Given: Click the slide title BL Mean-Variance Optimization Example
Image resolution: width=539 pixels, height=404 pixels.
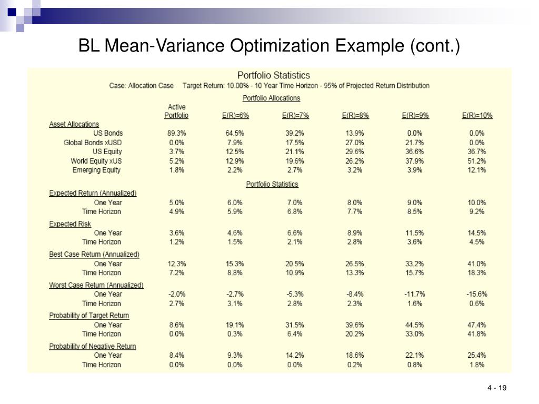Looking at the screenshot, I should (269, 46).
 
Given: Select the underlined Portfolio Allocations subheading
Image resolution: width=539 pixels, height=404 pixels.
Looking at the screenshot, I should (271, 98).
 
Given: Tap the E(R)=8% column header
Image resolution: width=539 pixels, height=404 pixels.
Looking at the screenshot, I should (355, 116).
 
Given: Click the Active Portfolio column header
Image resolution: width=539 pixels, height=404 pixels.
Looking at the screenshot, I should (176, 112).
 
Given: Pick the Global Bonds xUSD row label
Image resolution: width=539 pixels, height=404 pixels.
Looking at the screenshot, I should (93, 143).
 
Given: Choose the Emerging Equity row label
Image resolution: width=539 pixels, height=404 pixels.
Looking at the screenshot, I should (96, 170).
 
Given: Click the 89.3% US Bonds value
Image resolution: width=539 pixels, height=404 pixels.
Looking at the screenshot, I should (176, 134).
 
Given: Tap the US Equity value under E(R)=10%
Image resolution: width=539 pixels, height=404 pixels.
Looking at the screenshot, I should (477, 151).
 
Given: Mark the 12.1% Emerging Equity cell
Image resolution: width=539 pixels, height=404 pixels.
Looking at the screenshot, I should (477, 170).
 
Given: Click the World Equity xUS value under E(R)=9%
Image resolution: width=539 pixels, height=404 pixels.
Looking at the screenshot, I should (415, 161).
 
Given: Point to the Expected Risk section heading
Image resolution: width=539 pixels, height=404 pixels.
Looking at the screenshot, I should (70, 224).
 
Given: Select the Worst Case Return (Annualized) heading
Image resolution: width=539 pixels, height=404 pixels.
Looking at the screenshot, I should (96, 285).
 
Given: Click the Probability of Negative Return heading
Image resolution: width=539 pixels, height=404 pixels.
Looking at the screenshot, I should (93, 346).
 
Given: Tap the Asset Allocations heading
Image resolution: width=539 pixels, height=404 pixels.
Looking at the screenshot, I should (74, 124).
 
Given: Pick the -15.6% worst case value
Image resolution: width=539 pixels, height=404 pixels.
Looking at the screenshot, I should (477, 294).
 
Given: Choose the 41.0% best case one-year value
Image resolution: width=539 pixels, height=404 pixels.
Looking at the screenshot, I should (477, 264).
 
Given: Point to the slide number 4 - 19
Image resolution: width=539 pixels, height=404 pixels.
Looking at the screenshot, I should (496, 388).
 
